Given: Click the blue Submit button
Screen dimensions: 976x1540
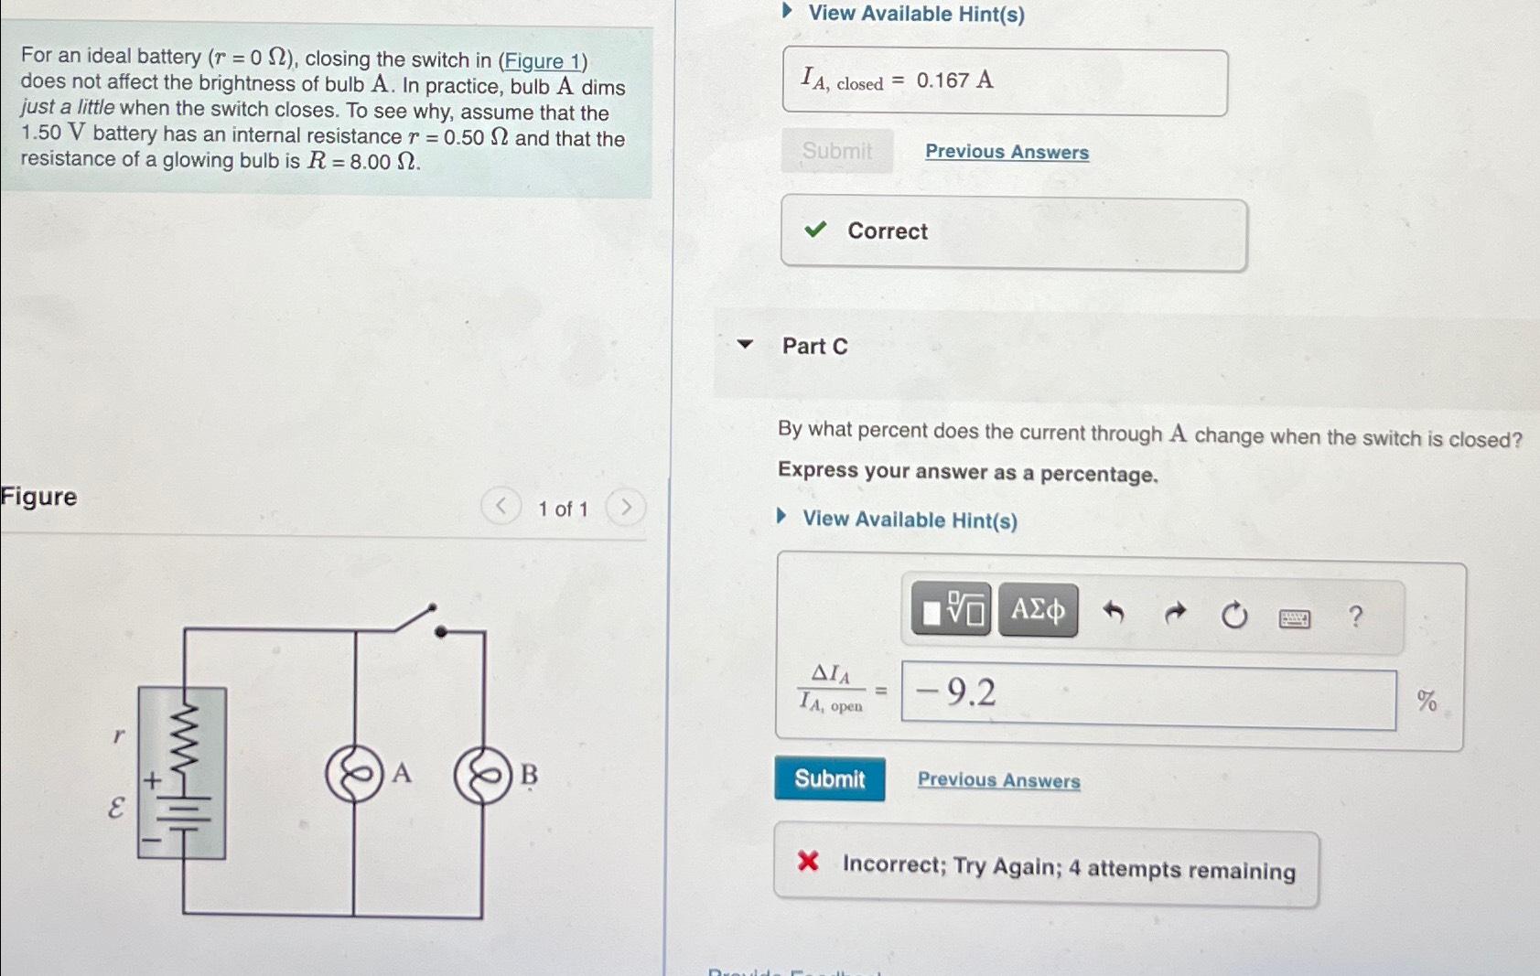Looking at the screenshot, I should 829,778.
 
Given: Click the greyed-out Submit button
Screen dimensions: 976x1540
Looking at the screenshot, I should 836,151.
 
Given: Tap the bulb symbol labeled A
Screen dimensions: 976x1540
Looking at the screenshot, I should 354,775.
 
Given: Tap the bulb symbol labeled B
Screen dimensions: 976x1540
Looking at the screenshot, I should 482,776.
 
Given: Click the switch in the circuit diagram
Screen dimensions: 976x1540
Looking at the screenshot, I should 417,619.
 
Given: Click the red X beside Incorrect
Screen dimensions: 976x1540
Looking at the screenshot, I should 808,861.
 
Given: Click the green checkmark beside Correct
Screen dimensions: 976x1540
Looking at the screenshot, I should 814,230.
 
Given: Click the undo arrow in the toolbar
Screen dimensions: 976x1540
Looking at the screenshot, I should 1113,612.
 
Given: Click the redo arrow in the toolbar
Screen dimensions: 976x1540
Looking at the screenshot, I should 1175,613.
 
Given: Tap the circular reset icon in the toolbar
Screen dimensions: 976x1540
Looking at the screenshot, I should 1234,616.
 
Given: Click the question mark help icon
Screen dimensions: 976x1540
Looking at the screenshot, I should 1355,617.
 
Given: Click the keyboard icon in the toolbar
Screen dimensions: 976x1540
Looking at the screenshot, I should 1294,619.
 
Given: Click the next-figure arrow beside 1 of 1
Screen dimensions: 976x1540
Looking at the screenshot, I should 626,507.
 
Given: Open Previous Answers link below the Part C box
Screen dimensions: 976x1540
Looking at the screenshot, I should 998,780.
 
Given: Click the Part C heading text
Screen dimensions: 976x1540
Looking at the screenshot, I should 814,346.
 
